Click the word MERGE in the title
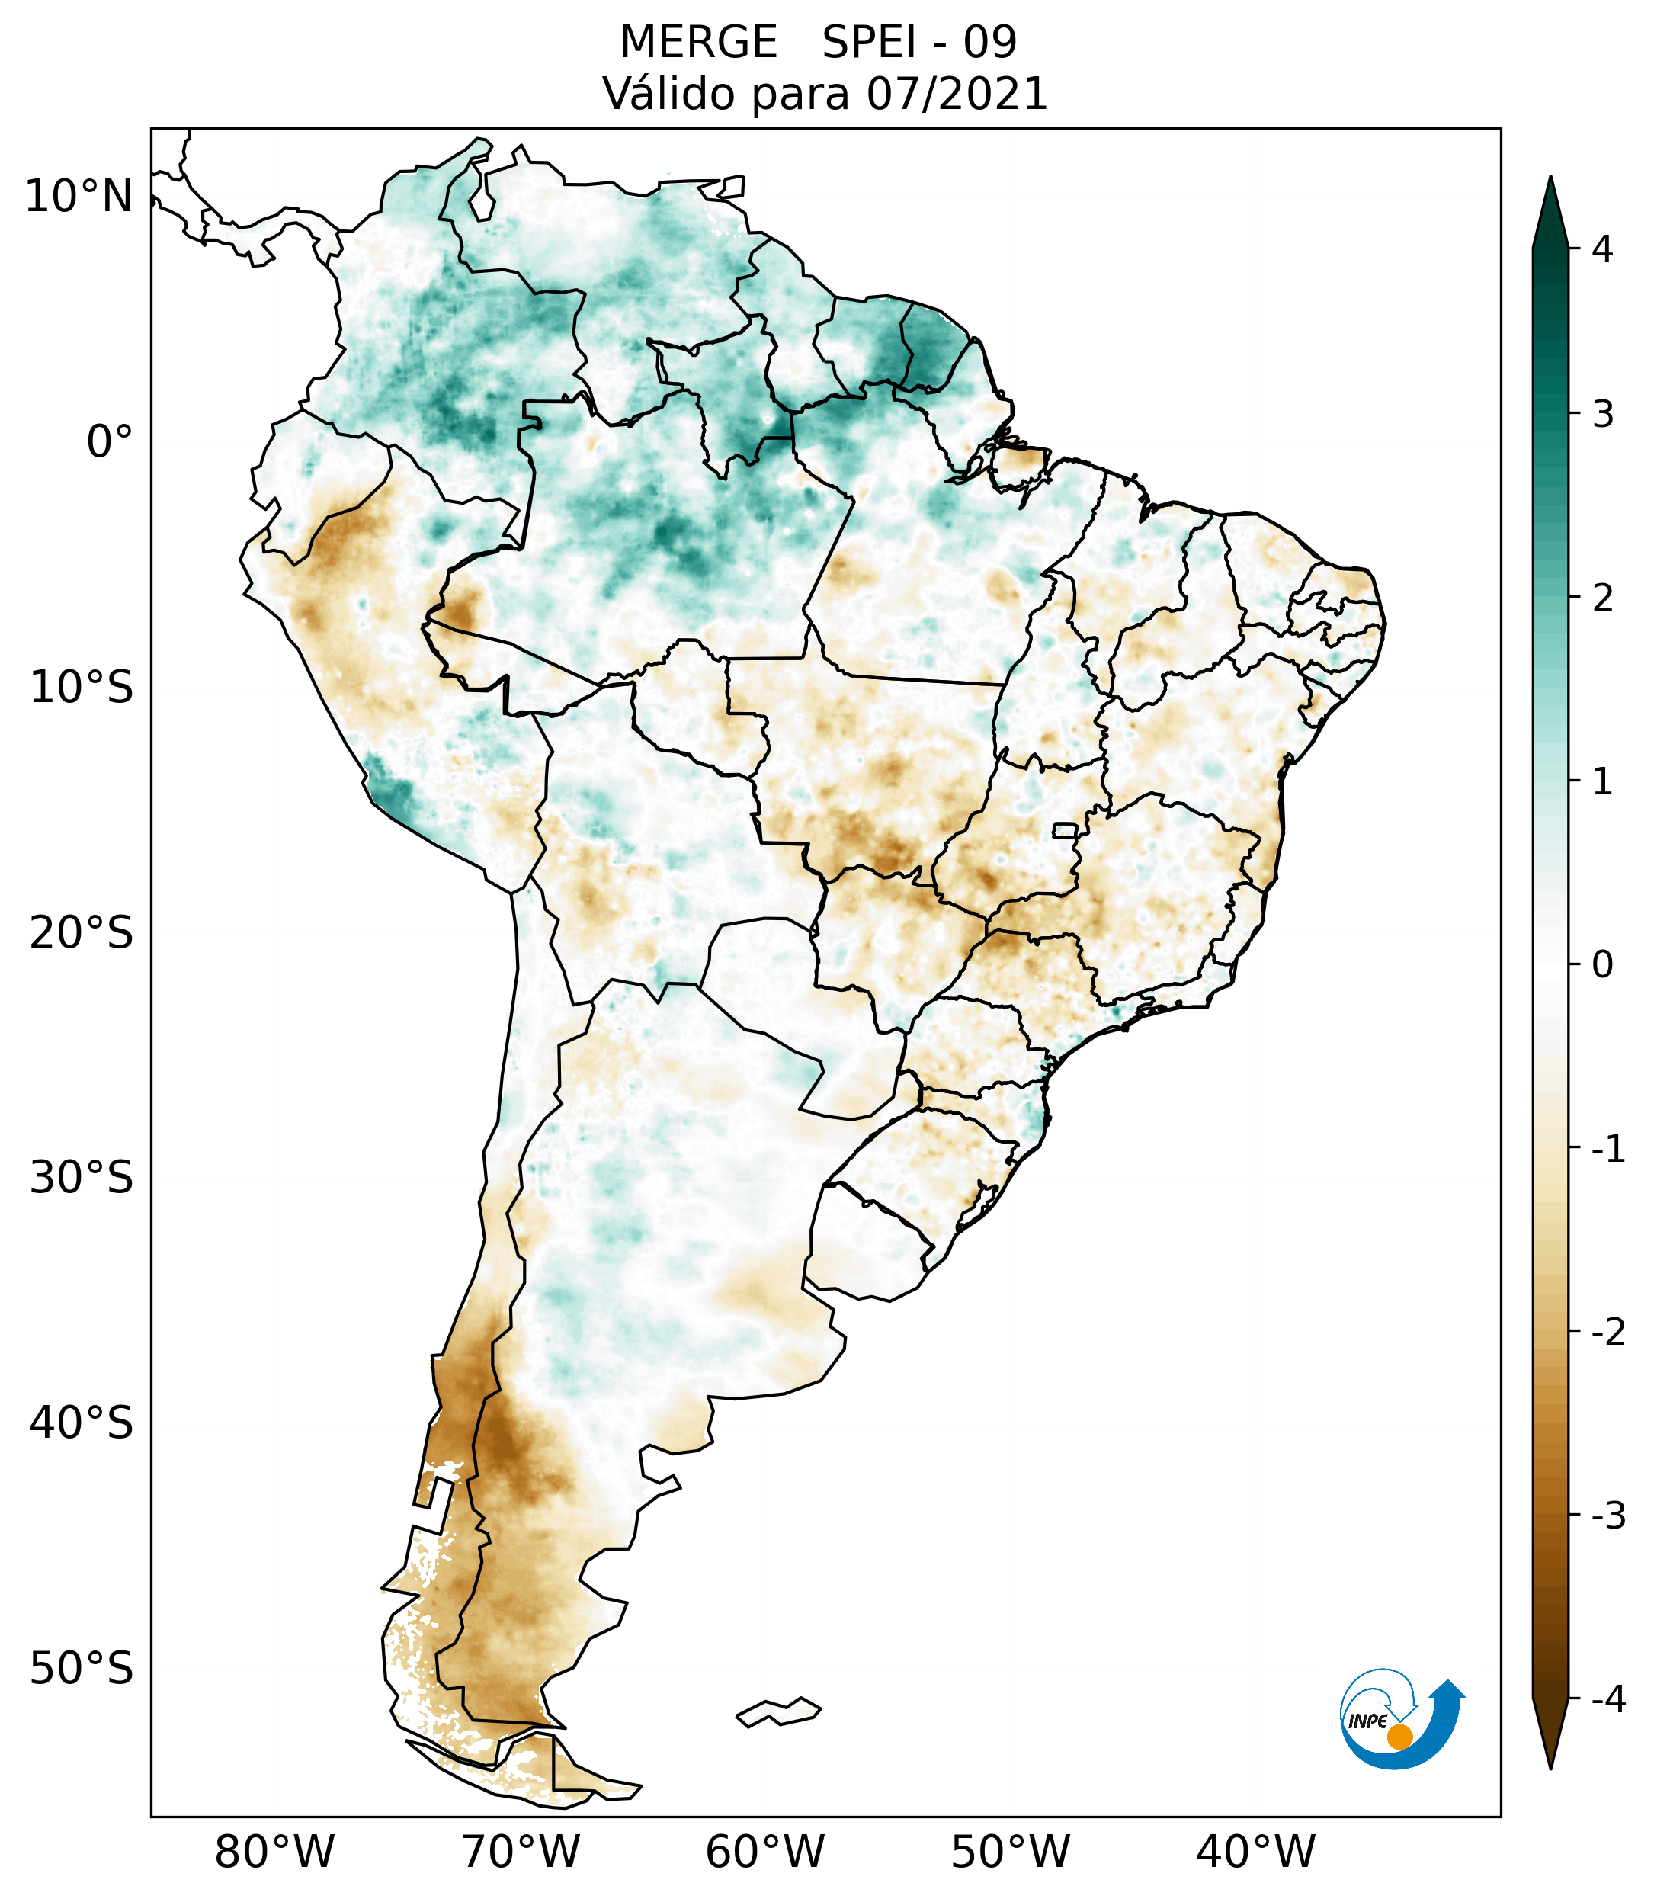pos(697,43)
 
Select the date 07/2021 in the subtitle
pos(957,94)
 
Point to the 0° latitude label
pos(109,441)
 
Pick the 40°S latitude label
pos(81,1423)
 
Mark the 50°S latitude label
pos(81,1669)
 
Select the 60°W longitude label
pos(764,1852)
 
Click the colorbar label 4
pos(1602,249)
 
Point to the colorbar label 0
pos(1602,964)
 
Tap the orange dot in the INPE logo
pos(1399,1736)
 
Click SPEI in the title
pos(870,43)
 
